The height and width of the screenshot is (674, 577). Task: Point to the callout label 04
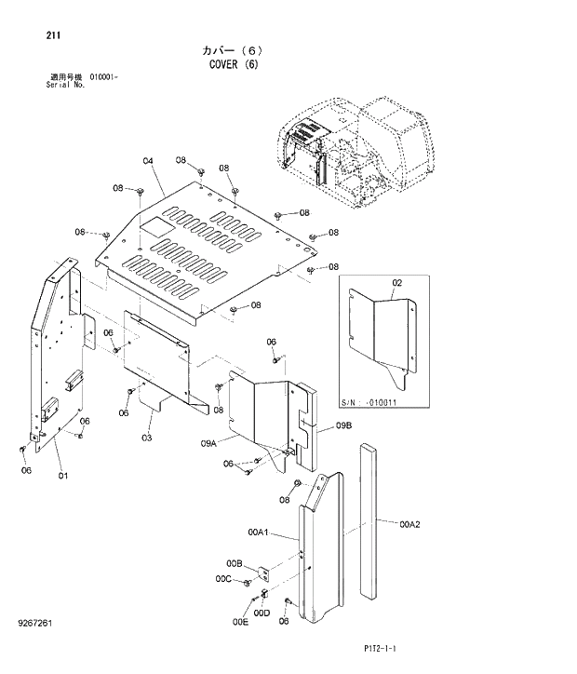(147, 161)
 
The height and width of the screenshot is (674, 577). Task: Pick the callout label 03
(147, 437)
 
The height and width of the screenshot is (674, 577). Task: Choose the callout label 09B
(343, 425)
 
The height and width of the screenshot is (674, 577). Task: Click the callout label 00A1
(258, 532)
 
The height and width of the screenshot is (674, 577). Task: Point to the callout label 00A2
(410, 524)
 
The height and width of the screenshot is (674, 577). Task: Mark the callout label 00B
(234, 563)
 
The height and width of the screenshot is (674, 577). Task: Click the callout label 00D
(262, 613)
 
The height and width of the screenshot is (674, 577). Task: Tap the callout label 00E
(240, 622)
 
